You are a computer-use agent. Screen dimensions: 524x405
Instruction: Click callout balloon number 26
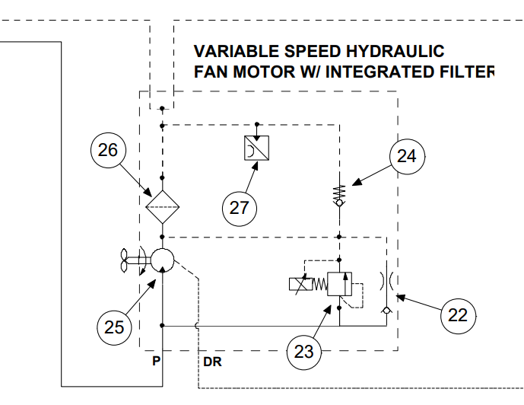click(x=108, y=150)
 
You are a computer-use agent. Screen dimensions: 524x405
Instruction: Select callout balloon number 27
click(x=240, y=209)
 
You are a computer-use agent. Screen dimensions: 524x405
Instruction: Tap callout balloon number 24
click(x=407, y=157)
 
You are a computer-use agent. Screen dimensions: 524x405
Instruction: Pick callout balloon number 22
click(x=458, y=316)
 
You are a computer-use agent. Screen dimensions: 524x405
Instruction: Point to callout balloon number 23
click(x=304, y=352)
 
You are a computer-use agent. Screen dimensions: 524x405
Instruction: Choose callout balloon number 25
click(x=114, y=327)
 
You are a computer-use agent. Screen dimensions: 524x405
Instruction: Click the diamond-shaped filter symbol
click(x=163, y=207)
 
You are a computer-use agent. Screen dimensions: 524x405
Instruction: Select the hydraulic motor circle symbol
click(x=163, y=260)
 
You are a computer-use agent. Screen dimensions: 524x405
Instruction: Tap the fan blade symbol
click(x=124, y=260)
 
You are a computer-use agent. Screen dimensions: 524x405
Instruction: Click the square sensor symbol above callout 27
click(x=256, y=148)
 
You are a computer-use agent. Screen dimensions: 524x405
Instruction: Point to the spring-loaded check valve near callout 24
click(x=339, y=196)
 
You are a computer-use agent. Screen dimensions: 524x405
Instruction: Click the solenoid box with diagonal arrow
click(x=300, y=284)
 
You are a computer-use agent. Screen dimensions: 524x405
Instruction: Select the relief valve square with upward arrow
click(x=339, y=284)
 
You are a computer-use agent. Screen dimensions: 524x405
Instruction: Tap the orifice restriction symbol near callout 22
click(x=386, y=281)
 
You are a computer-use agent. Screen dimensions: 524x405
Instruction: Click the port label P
click(x=156, y=361)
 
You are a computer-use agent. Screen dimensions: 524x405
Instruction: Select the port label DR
click(x=212, y=362)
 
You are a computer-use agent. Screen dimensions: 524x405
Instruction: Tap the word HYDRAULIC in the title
click(x=395, y=52)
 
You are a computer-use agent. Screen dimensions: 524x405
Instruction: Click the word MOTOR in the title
click(x=264, y=72)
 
